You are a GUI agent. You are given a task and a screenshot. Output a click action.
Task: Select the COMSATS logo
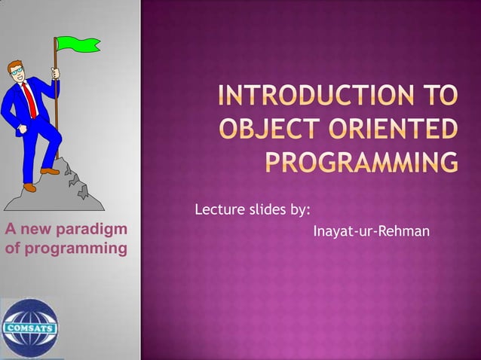coord(29,328)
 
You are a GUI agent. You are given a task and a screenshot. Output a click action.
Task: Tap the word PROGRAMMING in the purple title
coord(361,162)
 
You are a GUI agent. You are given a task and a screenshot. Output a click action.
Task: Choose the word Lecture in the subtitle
coord(219,209)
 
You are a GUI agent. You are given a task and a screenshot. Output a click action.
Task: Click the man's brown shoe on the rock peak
coord(50,171)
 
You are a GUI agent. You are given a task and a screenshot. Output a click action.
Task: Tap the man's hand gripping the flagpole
coord(55,74)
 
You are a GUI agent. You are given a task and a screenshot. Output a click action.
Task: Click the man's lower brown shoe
coord(29,187)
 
